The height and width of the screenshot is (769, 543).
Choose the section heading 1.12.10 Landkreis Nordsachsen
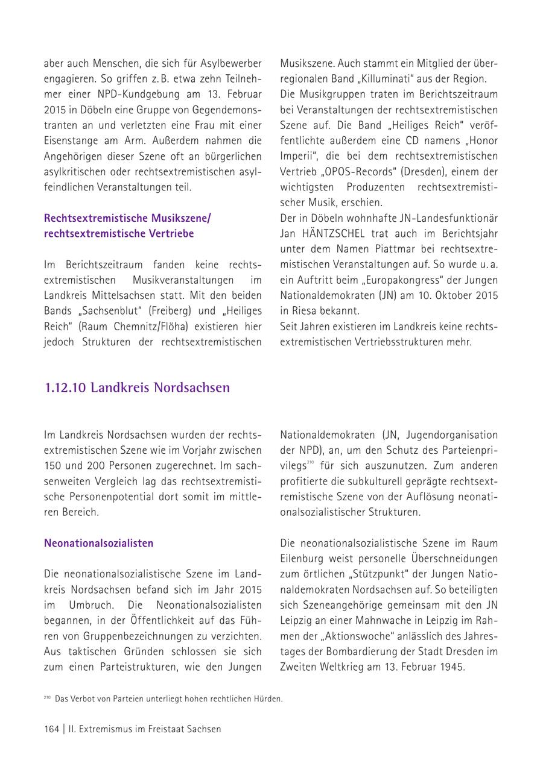pos(137,387)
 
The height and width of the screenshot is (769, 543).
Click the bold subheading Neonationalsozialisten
pos(98,543)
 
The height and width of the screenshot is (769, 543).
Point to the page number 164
pos(51,729)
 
